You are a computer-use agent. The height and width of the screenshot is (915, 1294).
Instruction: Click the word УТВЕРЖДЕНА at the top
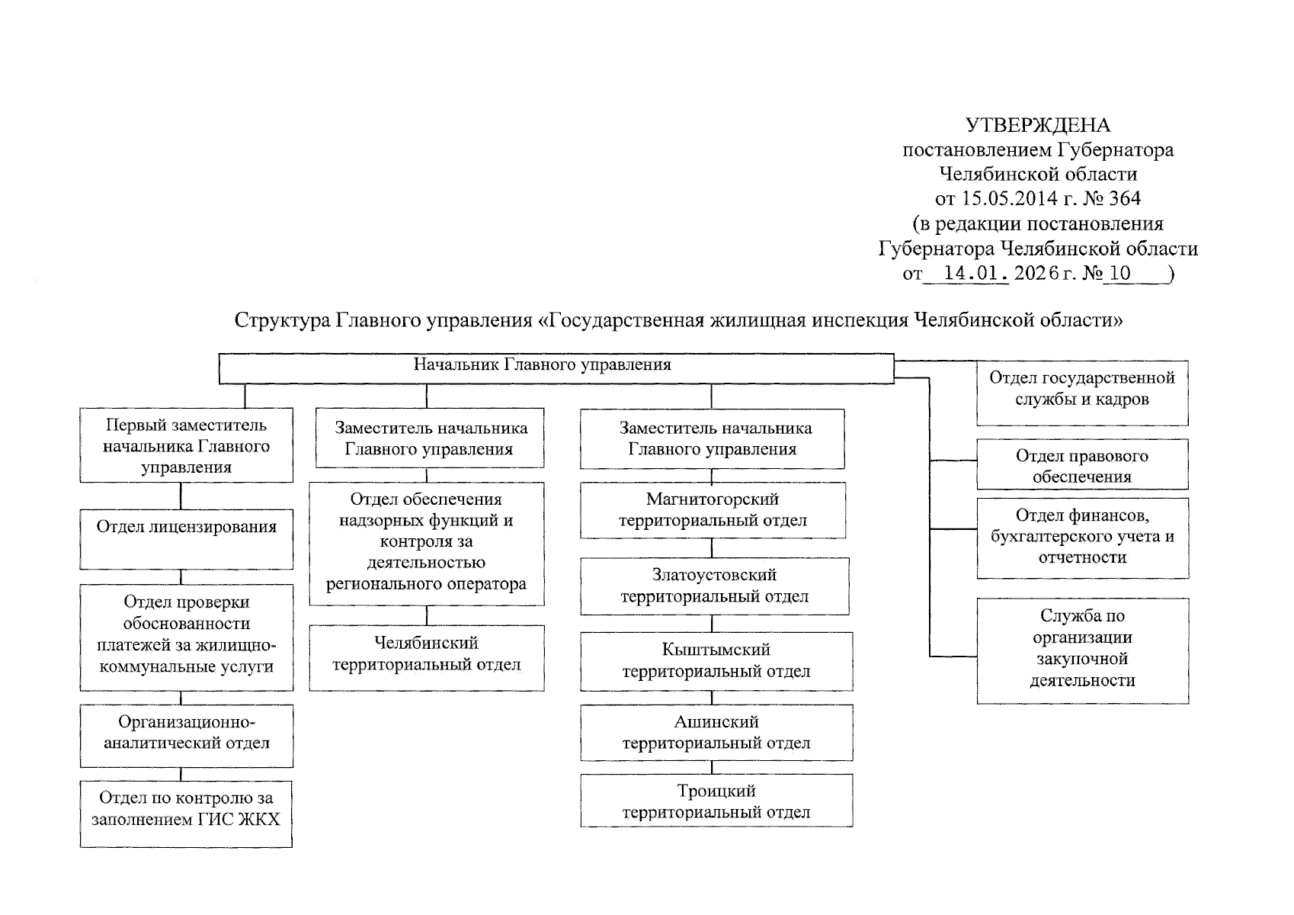[1038, 126]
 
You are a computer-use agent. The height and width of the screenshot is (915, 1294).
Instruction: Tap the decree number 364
[1125, 199]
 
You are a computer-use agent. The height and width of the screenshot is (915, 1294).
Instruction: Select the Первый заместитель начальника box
[187, 446]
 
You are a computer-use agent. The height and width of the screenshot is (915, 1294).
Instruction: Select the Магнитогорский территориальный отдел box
[713, 510]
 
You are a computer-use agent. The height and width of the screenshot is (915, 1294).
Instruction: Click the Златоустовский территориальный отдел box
[715, 586]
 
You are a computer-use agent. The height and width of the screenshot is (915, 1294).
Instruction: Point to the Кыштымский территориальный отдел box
[716, 661]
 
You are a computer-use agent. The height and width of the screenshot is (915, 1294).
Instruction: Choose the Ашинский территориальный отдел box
[716, 732]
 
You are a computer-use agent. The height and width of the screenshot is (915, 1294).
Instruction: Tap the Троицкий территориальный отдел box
[716, 801]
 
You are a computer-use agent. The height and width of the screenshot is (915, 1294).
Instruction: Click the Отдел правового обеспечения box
[1082, 466]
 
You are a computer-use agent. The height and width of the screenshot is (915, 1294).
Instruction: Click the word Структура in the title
[283, 320]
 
